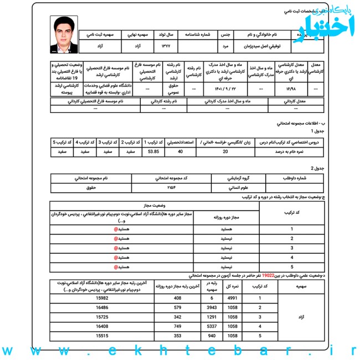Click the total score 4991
[x=233, y=299]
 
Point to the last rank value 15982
[x=102, y=299]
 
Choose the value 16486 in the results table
[x=102, y=307]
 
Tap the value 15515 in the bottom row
[x=102, y=336]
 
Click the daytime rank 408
[x=177, y=299]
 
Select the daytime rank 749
[x=177, y=327]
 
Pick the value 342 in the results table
[x=177, y=317]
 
